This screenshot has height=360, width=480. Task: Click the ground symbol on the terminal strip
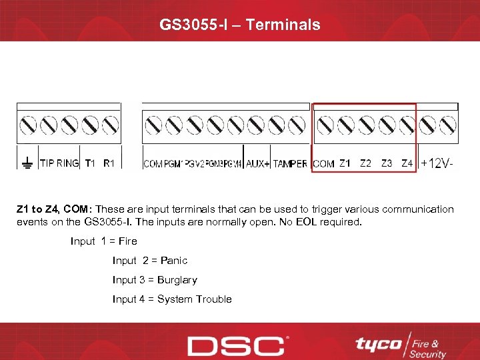click(x=27, y=162)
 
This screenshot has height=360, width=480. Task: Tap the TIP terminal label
click(x=47, y=163)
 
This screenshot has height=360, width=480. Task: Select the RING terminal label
click(x=67, y=163)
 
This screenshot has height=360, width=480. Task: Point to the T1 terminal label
click(x=91, y=163)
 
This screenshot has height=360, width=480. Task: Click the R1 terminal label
click(x=109, y=163)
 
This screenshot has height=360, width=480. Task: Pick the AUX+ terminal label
click(x=257, y=164)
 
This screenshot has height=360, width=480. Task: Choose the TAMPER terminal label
click(x=290, y=164)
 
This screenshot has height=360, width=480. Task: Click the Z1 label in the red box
click(x=345, y=163)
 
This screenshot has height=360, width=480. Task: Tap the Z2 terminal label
click(x=365, y=163)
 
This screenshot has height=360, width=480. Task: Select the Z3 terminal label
click(x=387, y=163)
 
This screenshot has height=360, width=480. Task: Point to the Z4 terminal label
click(x=407, y=163)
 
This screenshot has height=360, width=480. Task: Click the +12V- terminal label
click(x=437, y=163)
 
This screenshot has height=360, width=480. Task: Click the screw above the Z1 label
click(x=345, y=125)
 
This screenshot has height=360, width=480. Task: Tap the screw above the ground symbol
click(x=28, y=125)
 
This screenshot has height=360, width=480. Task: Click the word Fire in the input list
click(x=127, y=241)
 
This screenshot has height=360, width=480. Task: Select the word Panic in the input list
click(x=174, y=261)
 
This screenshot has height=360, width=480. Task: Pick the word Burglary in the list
click(x=177, y=280)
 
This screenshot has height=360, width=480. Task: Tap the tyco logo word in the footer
click(x=378, y=344)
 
